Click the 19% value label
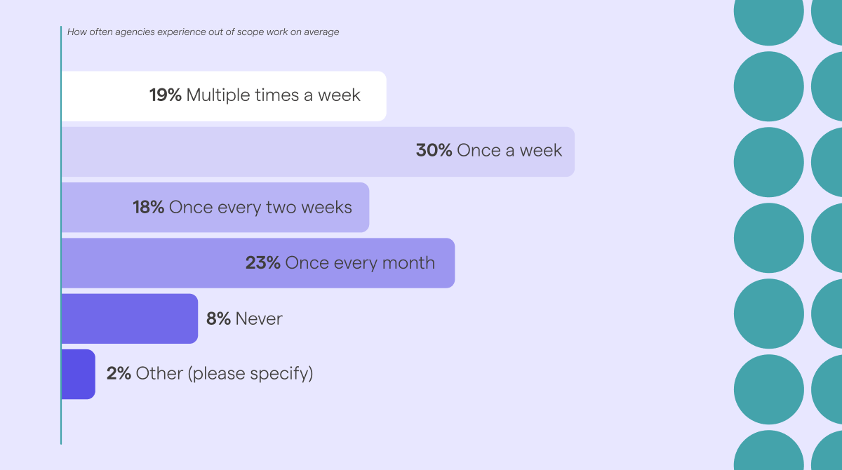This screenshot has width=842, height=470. [x=166, y=95]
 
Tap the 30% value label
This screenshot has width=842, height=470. [x=434, y=150]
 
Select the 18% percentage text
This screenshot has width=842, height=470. [x=149, y=207]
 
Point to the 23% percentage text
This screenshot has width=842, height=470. [x=262, y=262]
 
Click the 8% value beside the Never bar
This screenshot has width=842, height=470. [x=218, y=318]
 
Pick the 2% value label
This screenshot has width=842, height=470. [x=119, y=373]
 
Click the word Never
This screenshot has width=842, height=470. [x=259, y=319]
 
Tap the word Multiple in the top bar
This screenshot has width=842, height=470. [x=218, y=95]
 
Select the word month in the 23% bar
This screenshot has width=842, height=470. [x=408, y=262]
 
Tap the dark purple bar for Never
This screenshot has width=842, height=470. [x=129, y=318]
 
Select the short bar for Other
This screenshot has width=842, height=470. [x=78, y=374]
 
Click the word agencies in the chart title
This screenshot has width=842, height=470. [x=135, y=32]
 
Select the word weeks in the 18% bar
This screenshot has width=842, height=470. [x=327, y=207]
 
